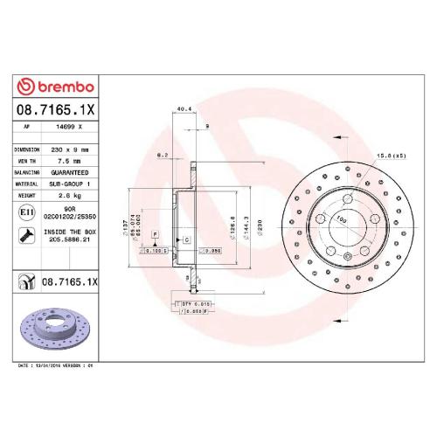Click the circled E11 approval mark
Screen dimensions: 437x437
click(26, 212)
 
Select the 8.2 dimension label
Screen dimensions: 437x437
click(161, 155)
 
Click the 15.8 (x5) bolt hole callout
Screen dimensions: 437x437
click(391, 155)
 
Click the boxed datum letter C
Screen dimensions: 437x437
click(186, 238)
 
